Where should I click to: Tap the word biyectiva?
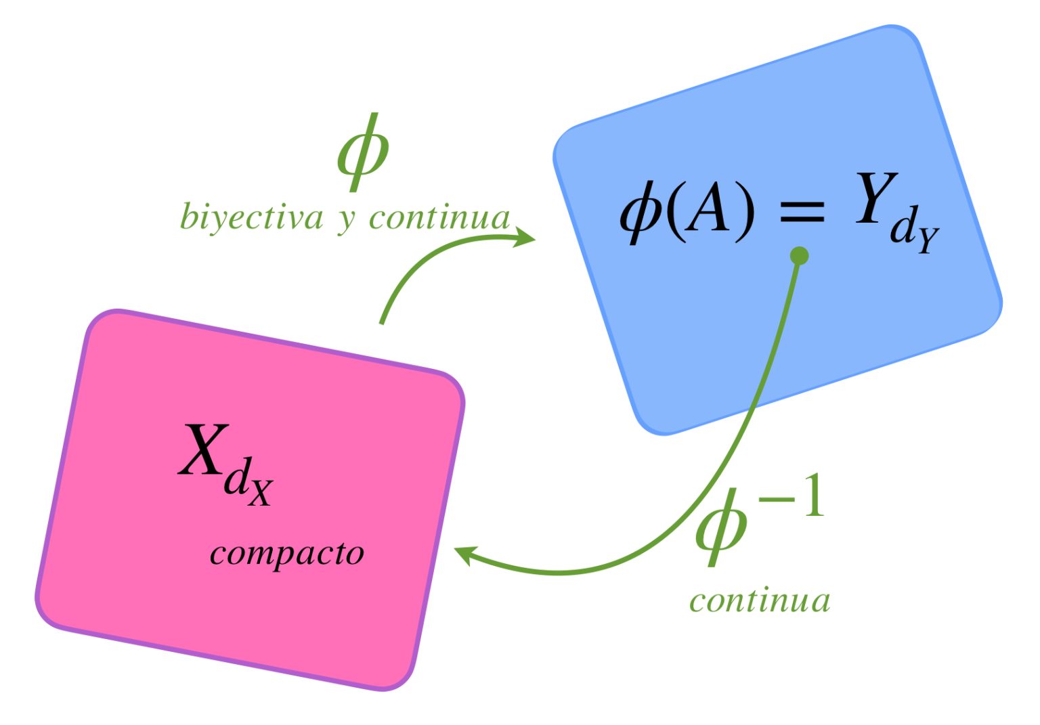[x=251, y=218]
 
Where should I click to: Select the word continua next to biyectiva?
[x=439, y=218]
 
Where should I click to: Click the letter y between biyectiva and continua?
[x=346, y=221]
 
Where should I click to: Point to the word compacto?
[x=286, y=553]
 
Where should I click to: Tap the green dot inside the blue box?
[x=800, y=256]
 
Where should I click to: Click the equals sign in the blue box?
[x=802, y=211]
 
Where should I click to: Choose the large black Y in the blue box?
[x=875, y=198]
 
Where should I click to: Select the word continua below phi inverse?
[x=760, y=601]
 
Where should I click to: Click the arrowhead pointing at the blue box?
[x=525, y=237]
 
